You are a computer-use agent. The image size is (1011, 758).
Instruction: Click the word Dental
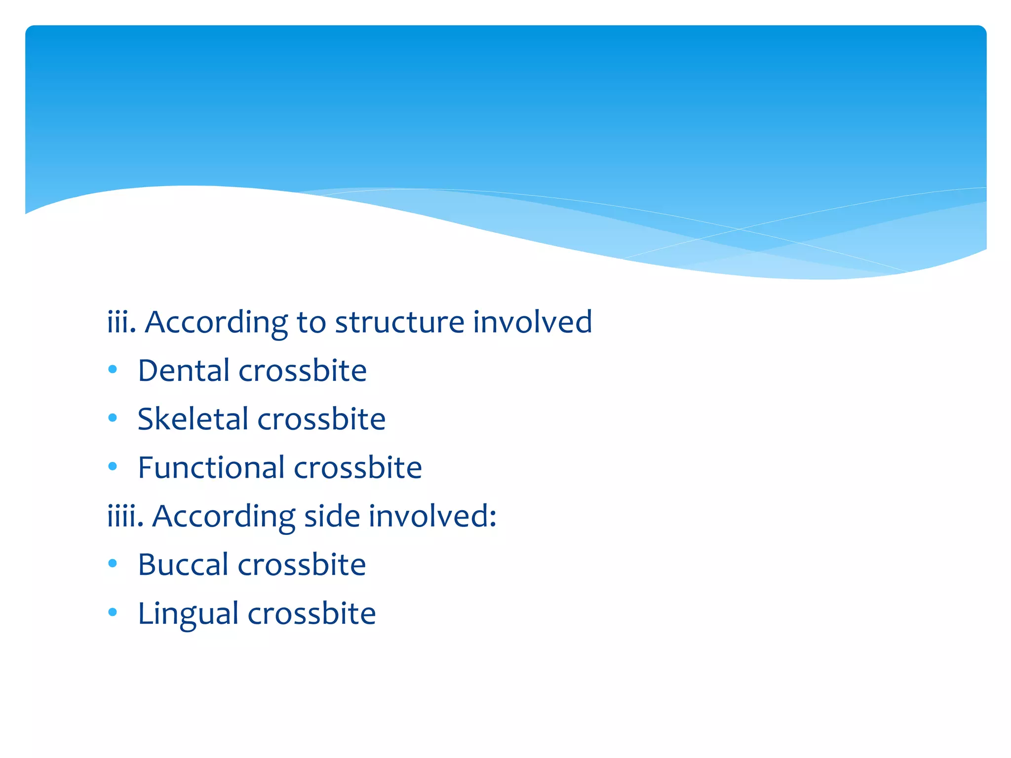pos(185,371)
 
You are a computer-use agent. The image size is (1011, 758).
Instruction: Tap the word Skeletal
pos(193,419)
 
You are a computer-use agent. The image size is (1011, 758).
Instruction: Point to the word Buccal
pos(183,565)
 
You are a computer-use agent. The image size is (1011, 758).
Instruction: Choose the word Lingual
pos(188,613)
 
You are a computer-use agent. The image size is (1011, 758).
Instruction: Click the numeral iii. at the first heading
pos(121,322)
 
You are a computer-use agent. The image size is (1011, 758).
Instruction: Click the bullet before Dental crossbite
pos(113,370)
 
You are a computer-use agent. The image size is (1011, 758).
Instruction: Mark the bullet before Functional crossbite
pos(113,466)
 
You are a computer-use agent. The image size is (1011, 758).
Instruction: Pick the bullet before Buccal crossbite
pos(113,564)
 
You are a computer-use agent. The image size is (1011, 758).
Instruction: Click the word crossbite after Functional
pos(358,467)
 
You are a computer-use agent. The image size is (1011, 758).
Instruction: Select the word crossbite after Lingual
pos(311,613)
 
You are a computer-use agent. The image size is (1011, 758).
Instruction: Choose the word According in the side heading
pos(224,516)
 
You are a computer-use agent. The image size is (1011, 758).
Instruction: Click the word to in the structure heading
pos(311,322)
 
